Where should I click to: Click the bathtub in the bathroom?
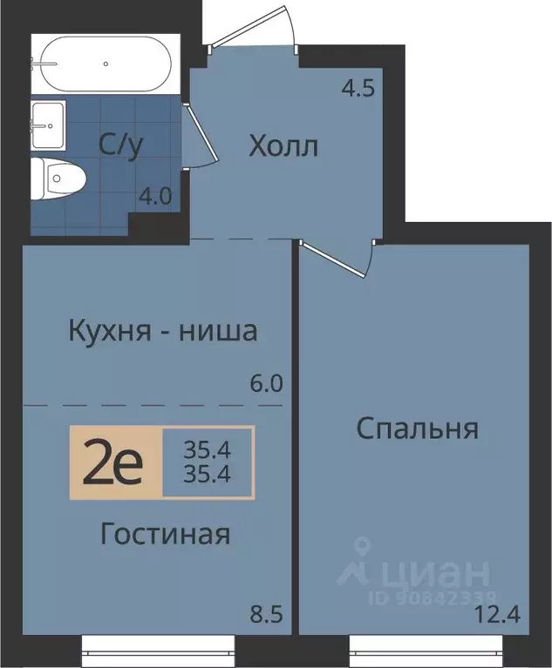[x=106, y=64]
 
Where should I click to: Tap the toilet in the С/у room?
[x=58, y=179]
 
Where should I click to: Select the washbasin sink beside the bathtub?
[x=48, y=125]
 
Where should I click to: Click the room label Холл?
[x=283, y=147]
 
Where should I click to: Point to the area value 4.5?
[x=358, y=89]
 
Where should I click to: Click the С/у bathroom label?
[x=120, y=146]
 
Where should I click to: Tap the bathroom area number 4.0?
[x=156, y=197]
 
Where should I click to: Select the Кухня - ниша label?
[x=163, y=332]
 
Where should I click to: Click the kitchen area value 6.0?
[x=266, y=384]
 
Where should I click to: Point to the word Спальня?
[x=417, y=428]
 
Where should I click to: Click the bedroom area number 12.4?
[x=498, y=614]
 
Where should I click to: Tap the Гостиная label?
[x=166, y=534]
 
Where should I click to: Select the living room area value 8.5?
[x=267, y=615]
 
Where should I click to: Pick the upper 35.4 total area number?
[x=208, y=449]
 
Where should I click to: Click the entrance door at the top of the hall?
[x=253, y=26]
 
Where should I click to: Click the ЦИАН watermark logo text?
[x=435, y=574]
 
